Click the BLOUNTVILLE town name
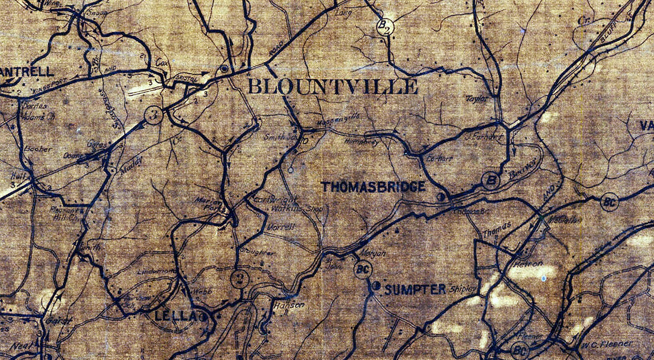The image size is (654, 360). click(x=332, y=86)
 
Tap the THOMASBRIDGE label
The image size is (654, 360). click(x=373, y=187)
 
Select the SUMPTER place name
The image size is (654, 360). click(x=415, y=289)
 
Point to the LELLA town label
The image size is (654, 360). click(x=172, y=317)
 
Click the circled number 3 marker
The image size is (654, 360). click(x=154, y=115)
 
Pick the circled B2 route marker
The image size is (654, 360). click(x=385, y=27)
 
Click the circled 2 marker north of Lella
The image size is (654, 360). click(x=239, y=278)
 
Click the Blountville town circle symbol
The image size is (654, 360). click(x=224, y=70)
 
